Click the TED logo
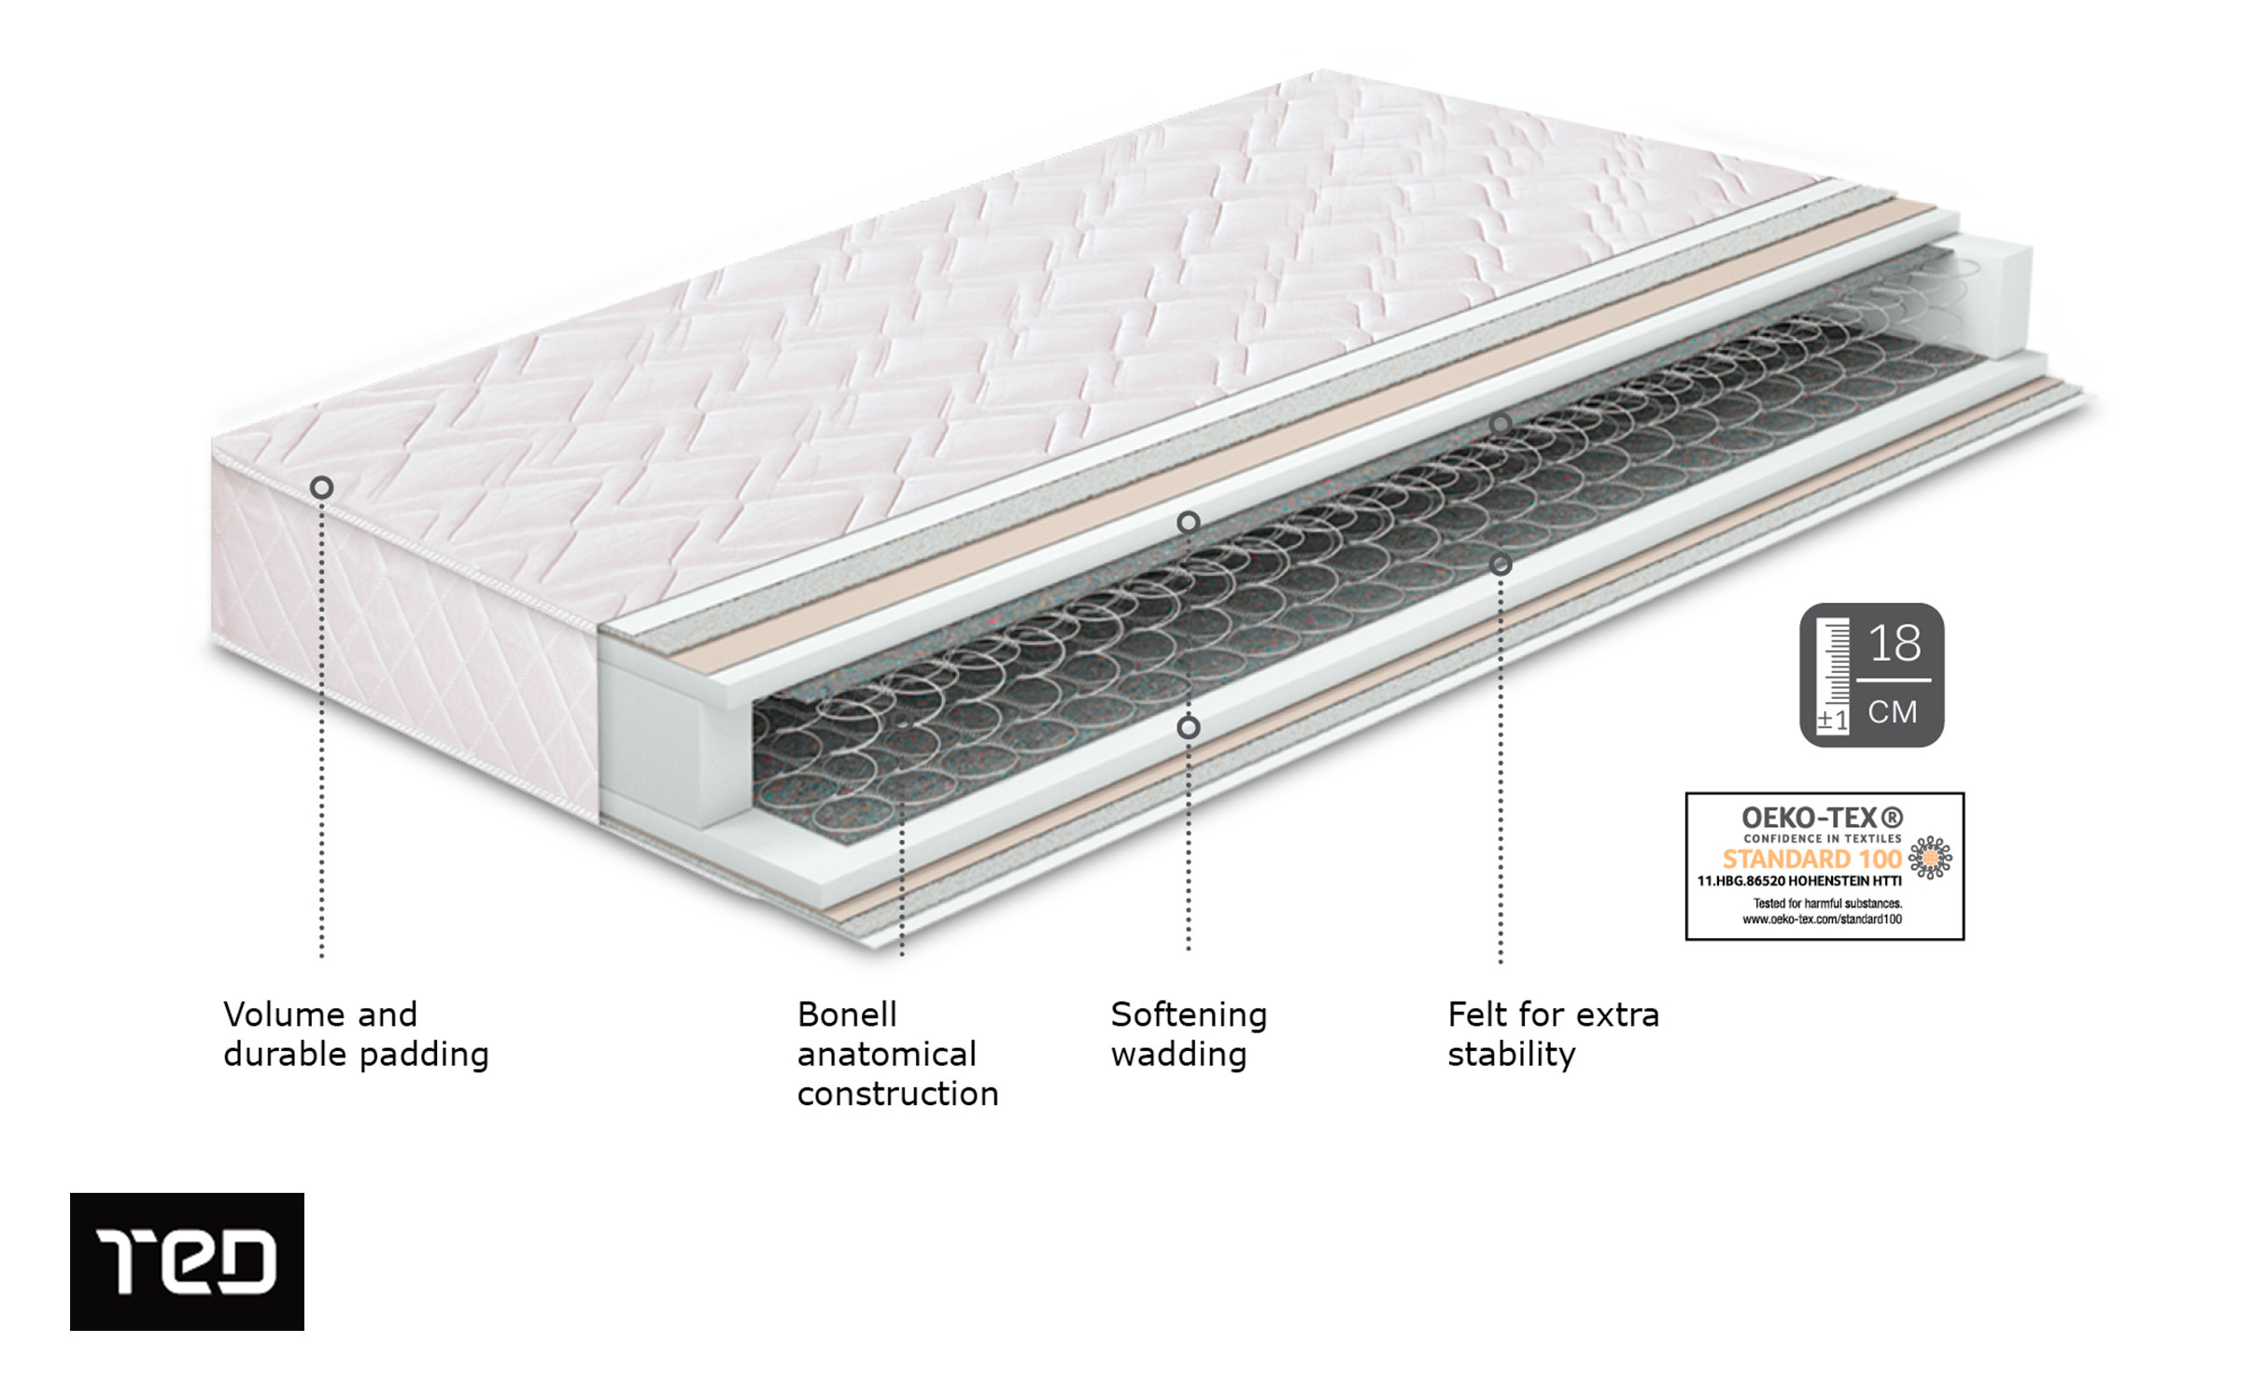coord(187,1261)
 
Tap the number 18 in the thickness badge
coord(1895,644)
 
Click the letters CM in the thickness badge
coord(1893,712)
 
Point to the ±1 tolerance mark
coord(1832,720)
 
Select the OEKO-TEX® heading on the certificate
coord(1822,818)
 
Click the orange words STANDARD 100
coord(1811,859)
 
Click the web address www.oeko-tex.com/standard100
coord(1822,919)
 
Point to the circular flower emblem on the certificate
coord(1929,858)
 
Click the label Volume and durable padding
coord(356,1034)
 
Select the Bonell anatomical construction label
coord(897,1054)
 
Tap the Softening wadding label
coord(1189,1034)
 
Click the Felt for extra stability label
coord(1553,1034)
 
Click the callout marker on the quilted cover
coord(321,487)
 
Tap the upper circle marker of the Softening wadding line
coord(1188,523)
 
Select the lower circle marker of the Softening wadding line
coord(1188,727)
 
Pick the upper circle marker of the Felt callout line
coord(1500,425)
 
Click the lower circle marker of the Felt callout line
coord(1500,565)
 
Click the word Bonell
coord(847,1015)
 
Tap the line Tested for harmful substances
coord(1827,903)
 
